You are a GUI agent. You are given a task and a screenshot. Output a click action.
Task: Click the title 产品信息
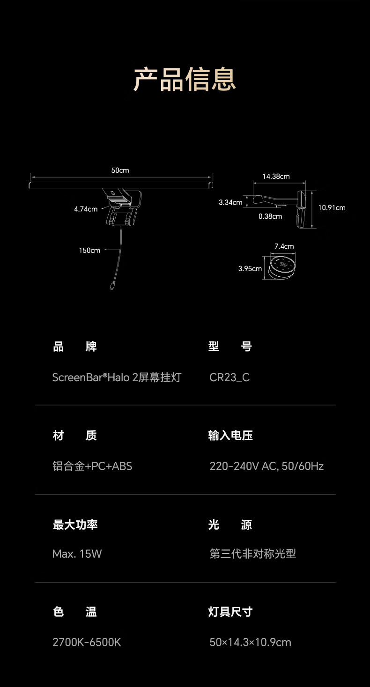point(185,80)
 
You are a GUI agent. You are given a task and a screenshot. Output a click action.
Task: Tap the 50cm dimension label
point(120,170)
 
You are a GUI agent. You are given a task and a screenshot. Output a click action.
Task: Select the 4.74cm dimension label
point(86,209)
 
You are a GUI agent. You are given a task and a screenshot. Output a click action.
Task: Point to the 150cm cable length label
point(89,250)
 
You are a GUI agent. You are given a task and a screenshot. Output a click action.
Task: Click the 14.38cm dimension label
point(276,177)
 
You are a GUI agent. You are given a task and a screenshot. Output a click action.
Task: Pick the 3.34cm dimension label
point(230,202)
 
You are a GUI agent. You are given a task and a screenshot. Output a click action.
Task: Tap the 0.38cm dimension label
point(270,216)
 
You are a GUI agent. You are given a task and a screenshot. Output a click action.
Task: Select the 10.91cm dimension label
point(332,207)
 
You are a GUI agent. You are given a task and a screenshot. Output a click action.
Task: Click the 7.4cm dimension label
point(284,246)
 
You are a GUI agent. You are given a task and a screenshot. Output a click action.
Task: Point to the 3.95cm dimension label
point(250,269)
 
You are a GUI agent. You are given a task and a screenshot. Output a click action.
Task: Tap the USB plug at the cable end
point(112,287)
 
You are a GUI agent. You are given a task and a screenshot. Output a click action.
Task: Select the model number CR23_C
point(229,377)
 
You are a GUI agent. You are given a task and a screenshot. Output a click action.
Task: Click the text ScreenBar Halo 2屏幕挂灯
point(117,377)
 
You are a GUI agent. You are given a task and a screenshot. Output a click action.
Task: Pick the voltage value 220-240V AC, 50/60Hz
point(266,466)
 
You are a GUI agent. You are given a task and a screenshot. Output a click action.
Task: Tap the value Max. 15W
point(77,554)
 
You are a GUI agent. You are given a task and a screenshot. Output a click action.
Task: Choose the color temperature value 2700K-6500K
point(87,642)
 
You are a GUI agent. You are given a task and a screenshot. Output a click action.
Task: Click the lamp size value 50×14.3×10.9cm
point(251,642)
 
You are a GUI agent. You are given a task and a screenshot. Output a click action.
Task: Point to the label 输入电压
point(230,436)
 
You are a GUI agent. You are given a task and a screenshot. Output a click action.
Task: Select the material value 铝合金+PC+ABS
point(92,466)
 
